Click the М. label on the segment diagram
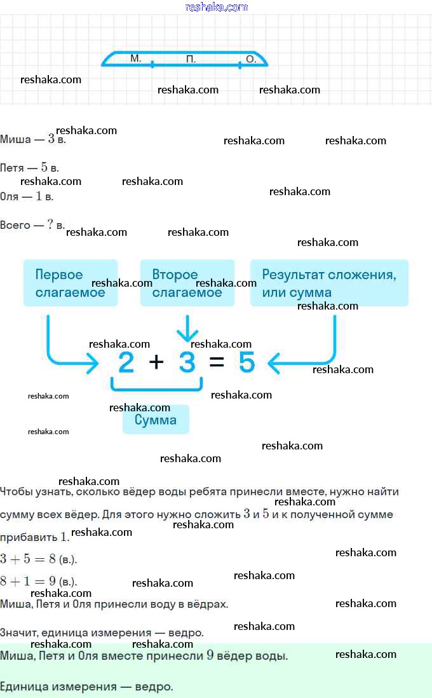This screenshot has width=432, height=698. click(136, 58)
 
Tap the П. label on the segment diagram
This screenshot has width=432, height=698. click(191, 58)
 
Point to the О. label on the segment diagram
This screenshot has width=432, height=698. click(252, 58)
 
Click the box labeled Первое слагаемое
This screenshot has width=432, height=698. click(71, 283)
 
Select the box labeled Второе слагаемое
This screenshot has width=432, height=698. click(187, 283)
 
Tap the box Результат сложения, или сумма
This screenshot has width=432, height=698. click(329, 283)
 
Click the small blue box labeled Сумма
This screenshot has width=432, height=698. click(156, 420)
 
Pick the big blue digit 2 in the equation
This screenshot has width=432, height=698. click(126, 362)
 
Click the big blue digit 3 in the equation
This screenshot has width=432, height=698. click(187, 362)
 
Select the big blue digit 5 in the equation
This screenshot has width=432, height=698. click(247, 362)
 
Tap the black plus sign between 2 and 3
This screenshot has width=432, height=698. click(156, 362)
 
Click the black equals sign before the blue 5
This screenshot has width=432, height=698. click(217, 362)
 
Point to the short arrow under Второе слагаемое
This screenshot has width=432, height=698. click(187, 329)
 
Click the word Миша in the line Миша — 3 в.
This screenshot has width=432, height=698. click(16, 139)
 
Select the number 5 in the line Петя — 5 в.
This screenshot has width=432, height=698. click(44, 167)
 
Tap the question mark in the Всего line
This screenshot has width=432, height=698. click(50, 224)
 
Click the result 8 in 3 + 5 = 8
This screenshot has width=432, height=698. click(53, 559)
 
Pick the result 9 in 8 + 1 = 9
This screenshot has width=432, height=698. click(53, 581)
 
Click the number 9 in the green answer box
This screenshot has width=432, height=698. click(210, 655)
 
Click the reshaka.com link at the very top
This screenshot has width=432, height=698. click(216, 7)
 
